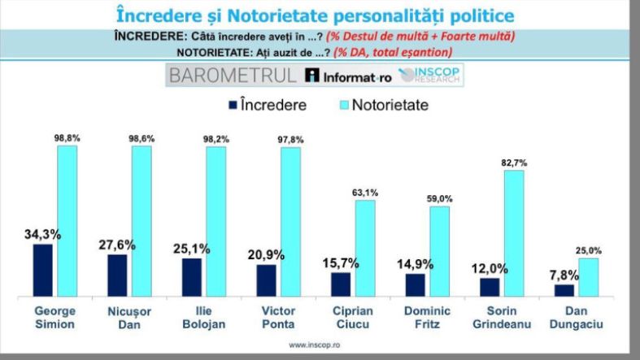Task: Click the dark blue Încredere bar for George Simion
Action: click(x=42, y=271)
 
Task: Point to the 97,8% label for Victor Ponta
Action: click(x=290, y=140)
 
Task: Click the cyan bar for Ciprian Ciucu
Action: click(x=365, y=249)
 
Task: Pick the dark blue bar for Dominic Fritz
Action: click(x=415, y=285)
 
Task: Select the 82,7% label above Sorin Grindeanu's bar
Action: click(x=514, y=163)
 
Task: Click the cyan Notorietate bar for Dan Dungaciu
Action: click(x=589, y=277)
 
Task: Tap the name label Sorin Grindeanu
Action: click(x=490, y=318)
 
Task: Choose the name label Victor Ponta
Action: click(x=267, y=318)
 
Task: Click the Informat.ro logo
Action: click(x=347, y=76)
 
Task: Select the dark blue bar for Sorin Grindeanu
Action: click(x=490, y=288)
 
